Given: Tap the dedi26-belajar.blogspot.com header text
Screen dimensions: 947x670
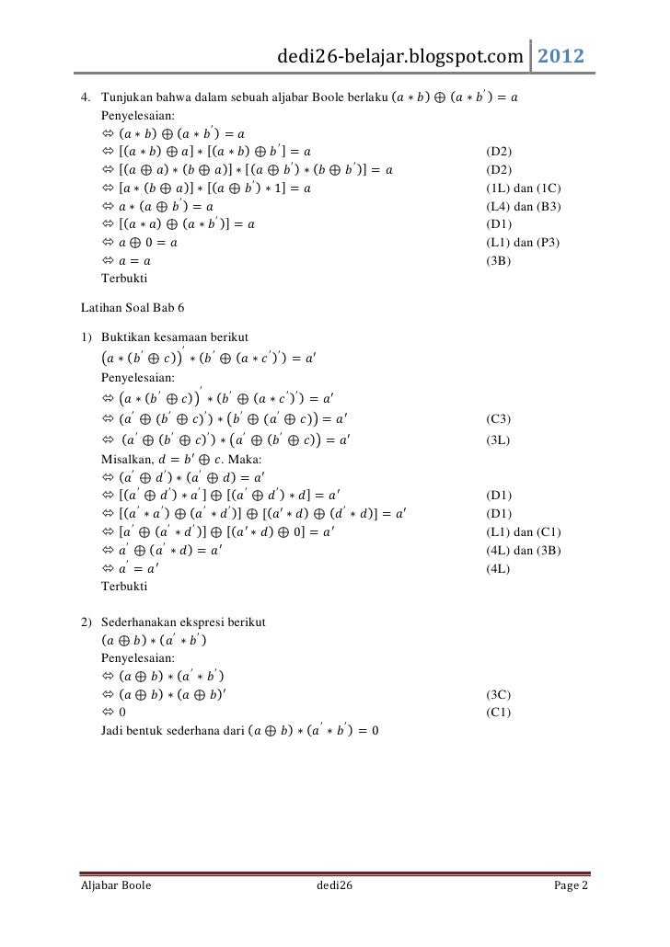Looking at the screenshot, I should coord(402,57).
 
